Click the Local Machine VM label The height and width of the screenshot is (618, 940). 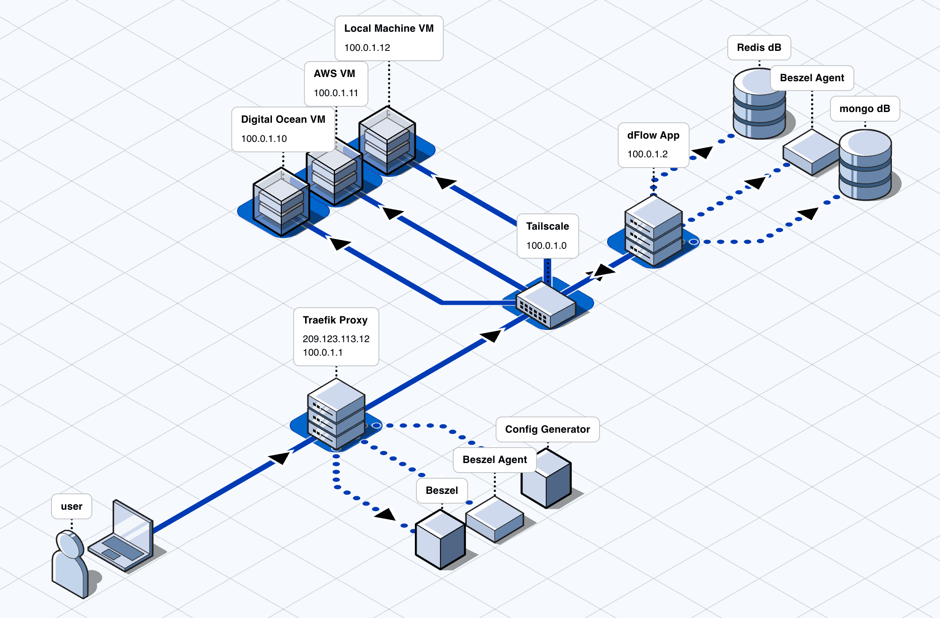389,28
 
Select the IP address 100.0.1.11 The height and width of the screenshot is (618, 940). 336,93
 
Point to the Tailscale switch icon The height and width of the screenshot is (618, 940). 545,304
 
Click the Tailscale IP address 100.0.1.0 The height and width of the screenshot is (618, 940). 546,246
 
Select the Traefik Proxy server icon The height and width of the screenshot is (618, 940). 336,413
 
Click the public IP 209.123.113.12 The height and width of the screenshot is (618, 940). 336,339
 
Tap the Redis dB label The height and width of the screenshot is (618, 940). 759,48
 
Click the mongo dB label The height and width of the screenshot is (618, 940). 864,109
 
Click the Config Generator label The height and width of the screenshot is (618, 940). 547,429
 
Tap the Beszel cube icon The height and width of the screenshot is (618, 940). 440,540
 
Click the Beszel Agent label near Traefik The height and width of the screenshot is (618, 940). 494,460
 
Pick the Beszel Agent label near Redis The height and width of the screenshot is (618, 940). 812,78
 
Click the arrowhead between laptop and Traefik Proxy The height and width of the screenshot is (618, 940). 280,457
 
